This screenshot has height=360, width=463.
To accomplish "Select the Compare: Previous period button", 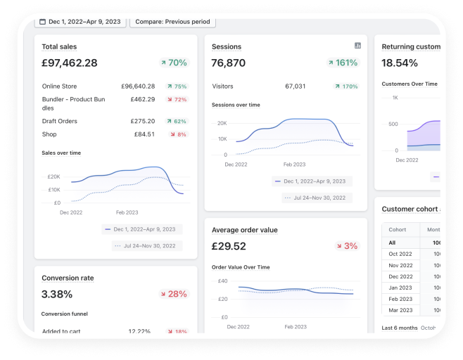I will [x=172, y=22].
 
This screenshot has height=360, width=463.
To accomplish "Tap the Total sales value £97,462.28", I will [x=70, y=63].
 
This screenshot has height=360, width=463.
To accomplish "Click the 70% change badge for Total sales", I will [x=173, y=63].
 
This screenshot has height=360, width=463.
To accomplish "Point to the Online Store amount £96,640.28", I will [x=138, y=86].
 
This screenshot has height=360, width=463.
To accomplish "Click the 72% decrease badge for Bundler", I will [x=177, y=100].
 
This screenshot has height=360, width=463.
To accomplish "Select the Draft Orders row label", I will [x=60, y=121].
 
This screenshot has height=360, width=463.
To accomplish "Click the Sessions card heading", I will [x=227, y=47].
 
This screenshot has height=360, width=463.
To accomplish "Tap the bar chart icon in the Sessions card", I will [x=357, y=46].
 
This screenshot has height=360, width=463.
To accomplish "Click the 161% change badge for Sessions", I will [x=343, y=63].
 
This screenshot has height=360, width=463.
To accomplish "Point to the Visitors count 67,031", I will [x=295, y=86].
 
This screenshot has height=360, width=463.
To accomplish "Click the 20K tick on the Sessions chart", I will [x=222, y=123].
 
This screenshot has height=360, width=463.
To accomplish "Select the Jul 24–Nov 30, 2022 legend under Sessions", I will [x=316, y=198].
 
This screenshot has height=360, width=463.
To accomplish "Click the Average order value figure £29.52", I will [x=229, y=247].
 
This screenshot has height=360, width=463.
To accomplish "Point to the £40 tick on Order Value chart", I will [x=223, y=281].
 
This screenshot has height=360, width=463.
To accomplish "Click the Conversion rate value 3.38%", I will [x=57, y=295].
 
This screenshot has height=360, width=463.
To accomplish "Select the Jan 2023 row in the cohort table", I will [x=401, y=288].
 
